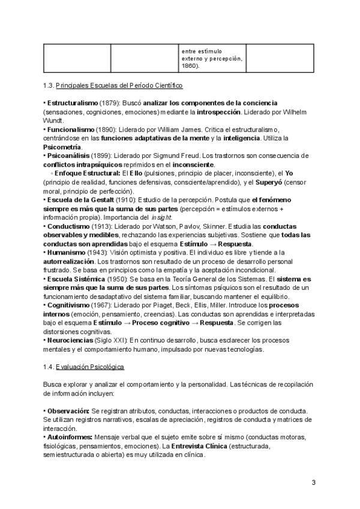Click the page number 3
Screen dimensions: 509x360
click(x=314, y=483)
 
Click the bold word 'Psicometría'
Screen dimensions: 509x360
click(x=62, y=146)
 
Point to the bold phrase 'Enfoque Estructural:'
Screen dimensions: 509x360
click(x=87, y=173)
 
